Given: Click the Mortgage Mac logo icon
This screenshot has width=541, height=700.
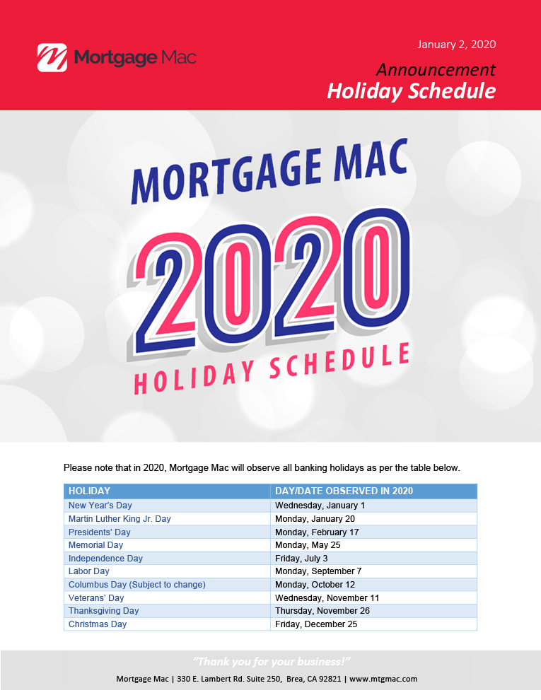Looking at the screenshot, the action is pos(52,57).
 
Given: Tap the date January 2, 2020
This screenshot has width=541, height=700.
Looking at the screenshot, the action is pos(456,45).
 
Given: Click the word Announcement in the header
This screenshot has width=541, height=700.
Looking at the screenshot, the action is pos(435,69).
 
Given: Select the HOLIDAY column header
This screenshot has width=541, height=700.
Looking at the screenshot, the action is pos(89,491).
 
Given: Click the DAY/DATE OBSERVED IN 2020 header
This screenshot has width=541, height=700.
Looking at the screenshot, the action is pos(344,491).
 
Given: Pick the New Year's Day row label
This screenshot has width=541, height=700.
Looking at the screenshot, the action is pos(100,506).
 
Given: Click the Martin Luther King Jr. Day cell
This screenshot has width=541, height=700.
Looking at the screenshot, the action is pos(120,519).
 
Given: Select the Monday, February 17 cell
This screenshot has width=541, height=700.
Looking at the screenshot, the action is pos(317,532).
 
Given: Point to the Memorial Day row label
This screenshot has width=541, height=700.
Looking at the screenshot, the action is pos(95,545).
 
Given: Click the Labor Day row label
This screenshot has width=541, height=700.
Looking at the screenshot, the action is pos(89,571).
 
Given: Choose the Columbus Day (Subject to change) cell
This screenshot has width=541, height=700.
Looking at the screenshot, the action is pos(137,585).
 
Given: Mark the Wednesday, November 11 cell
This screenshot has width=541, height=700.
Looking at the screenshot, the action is pos(327,598).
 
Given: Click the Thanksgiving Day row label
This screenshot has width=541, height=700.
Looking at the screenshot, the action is pos(103,611).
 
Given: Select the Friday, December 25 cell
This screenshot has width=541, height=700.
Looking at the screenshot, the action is pos(316,624).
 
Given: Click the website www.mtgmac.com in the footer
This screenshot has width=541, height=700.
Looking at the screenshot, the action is pos(383,679).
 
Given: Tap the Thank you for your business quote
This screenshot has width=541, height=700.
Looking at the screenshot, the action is pos(271,661).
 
